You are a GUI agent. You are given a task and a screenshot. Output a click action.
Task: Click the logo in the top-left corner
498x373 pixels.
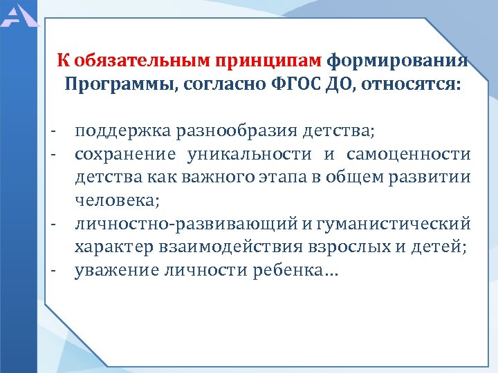tap(20, 13)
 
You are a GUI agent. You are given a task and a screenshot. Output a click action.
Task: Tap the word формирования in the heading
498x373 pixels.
tap(397, 61)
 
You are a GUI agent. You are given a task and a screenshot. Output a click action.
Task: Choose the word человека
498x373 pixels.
tap(117, 201)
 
